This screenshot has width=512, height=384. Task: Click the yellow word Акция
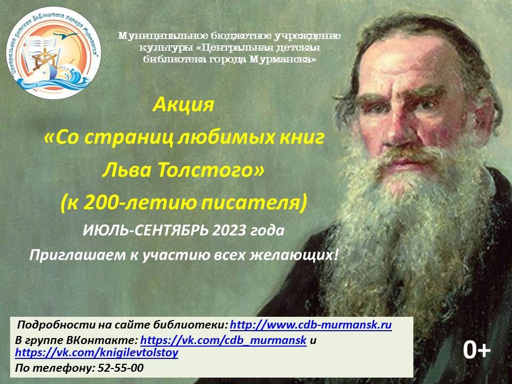point(183,105)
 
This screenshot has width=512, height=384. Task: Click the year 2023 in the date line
point(229,230)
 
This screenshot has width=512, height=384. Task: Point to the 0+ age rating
point(477,350)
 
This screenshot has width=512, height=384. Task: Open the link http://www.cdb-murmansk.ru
point(311,325)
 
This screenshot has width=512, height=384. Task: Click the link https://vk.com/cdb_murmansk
point(223,340)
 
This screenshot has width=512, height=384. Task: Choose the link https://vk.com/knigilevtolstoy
point(97,353)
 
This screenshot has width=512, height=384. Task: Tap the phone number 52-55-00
point(121,368)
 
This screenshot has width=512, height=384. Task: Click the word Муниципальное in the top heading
point(161,36)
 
